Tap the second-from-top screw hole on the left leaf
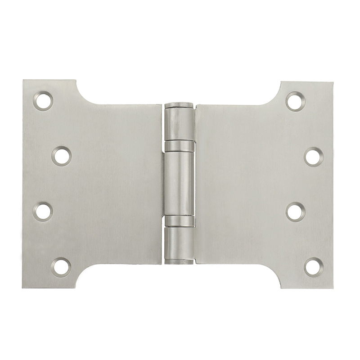tap(61, 156)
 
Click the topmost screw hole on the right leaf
tap(296, 101)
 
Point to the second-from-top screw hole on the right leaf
tap(313, 157)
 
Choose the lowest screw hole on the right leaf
tap(313, 266)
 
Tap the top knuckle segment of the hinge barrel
tap(180, 124)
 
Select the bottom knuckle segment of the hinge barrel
tap(180, 243)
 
